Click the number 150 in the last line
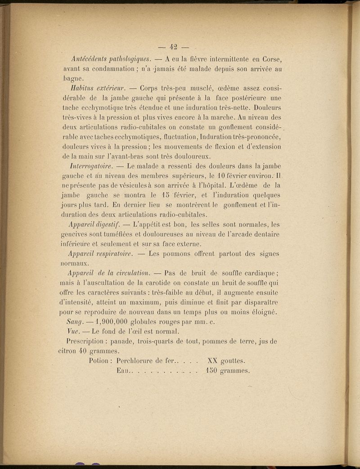211,371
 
